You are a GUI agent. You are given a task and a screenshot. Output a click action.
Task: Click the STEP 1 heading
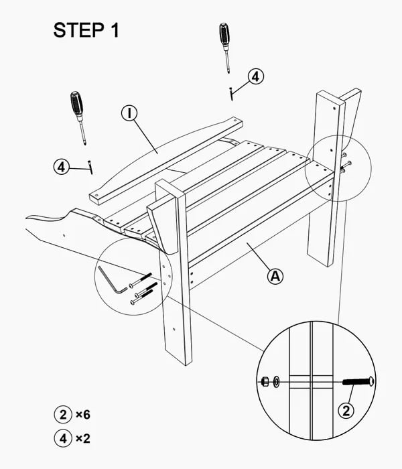tap(86, 30)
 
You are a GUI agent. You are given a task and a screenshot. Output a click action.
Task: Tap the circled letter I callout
tap(129, 113)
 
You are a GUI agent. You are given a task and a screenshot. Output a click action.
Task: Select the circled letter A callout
tap(275, 276)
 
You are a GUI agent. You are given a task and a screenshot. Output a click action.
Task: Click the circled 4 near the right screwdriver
tap(256, 77)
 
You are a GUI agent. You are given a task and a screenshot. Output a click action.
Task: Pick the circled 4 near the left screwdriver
tap(62, 167)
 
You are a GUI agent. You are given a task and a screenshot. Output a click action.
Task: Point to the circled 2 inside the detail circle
tap(346, 411)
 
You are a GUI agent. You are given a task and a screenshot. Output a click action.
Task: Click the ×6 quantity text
tap(83, 415)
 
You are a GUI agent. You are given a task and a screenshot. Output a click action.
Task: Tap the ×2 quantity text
tap(83, 438)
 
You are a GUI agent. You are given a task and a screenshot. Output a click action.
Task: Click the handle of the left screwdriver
tap(77, 103)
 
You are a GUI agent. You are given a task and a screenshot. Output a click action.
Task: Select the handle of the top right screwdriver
tap(224, 33)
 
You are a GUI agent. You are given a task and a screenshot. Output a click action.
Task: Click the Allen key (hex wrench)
tap(111, 281)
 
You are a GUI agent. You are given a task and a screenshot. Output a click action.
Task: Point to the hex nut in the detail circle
tap(265, 382)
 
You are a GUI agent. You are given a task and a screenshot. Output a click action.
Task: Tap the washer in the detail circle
tap(276, 382)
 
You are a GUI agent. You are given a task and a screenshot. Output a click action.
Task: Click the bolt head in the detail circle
tap(372, 382)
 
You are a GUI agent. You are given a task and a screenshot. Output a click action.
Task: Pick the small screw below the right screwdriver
tap(231, 94)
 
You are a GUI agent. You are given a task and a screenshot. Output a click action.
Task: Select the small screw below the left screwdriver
tap(90, 167)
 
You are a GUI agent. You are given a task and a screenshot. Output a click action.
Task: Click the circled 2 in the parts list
tap(63, 415)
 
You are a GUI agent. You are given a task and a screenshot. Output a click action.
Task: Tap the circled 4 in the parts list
tap(63, 438)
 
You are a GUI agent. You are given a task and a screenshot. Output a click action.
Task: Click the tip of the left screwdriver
tap(85, 144)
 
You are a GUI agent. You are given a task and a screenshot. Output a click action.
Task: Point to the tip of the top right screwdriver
tap(229, 72)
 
